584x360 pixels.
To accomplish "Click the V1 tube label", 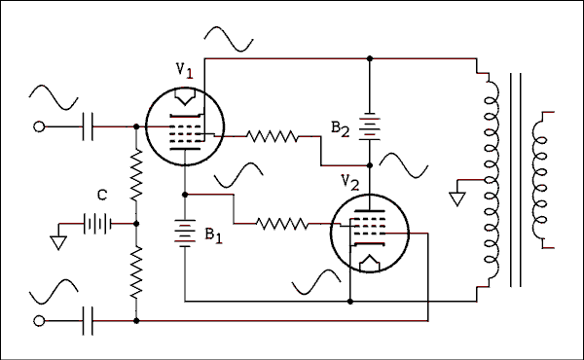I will [x=184, y=70].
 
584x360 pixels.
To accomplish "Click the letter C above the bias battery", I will [x=100, y=196].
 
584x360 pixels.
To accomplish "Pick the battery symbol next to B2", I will [x=369, y=126].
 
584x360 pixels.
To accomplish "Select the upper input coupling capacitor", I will [x=89, y=126].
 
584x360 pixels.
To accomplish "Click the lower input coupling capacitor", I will [x=89, y=319].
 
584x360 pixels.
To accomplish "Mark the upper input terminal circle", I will [x=39, y=126].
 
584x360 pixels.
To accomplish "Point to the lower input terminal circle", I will [x=39, y=319].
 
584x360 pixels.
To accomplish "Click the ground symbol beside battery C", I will [x=59, y=240].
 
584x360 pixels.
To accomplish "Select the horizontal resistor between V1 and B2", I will [x=272, y=137].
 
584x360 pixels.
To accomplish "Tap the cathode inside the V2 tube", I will [x=370, y=263].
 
